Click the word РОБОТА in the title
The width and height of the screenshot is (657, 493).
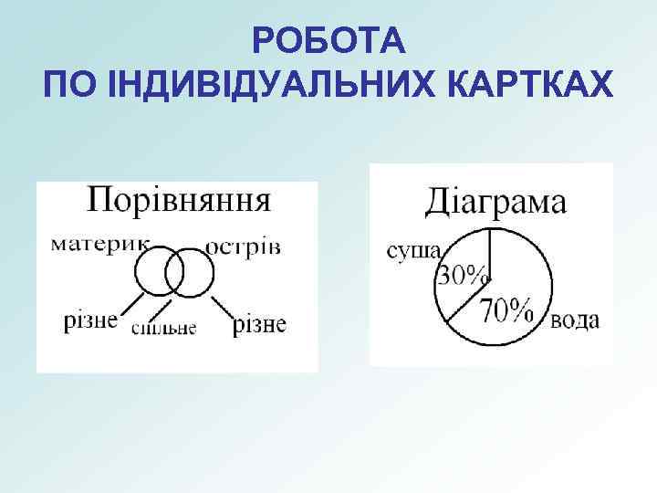pos(328,41)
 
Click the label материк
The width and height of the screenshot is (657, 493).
pos(99,245)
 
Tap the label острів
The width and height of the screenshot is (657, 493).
pos(243,246)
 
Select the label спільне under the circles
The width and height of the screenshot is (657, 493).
pos(163,328)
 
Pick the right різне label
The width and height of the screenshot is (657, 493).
pos(259,323)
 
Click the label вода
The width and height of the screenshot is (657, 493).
pos(575,320)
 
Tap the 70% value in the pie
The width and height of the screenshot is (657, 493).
pos(507,311)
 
